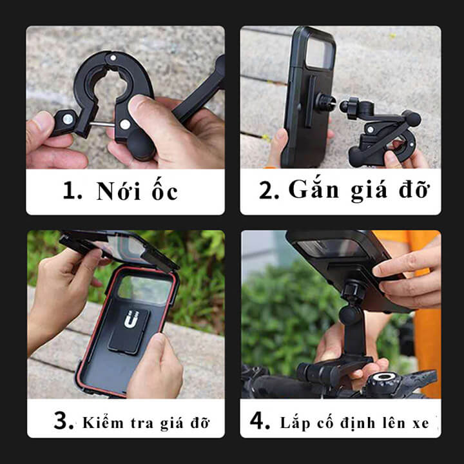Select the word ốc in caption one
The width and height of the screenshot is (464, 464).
[x=163, y=191]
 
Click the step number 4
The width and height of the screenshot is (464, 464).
[x=261, y=422]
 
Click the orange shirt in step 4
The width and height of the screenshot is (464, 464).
[x=426, y=322]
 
